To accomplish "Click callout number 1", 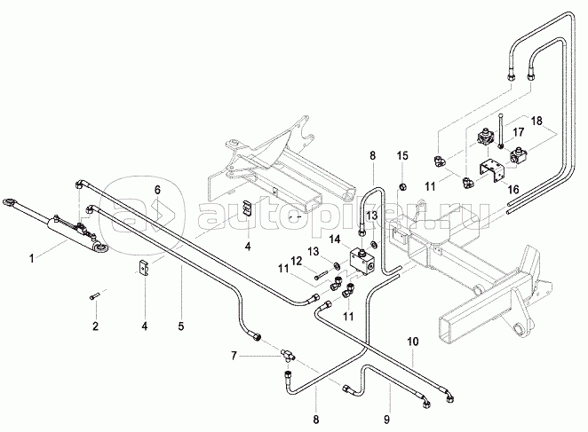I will point(33,258).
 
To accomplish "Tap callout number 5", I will point(181,326).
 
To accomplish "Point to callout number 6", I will point(157,189).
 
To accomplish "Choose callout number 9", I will point(385,414).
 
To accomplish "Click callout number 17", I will point(518,130).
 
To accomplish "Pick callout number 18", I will point(536,120).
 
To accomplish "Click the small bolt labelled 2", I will point(94,299).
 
